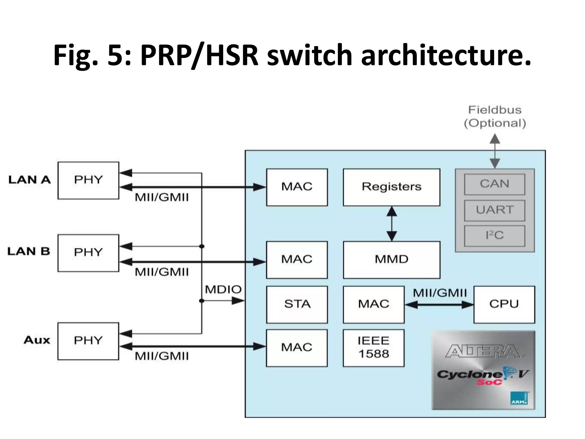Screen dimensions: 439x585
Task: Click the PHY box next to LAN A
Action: tap(88, 180)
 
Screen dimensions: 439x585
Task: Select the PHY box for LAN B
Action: tap(88, 253)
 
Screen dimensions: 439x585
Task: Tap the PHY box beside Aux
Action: tap(88, 341)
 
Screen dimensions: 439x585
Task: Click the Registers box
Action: tap(391, 187)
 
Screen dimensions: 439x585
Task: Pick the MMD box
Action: tap(391, 260)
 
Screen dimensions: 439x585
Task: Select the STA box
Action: tap(297, 304)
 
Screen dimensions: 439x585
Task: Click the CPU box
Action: tap(504, 304)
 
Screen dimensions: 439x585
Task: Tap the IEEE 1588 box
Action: tap(373, 348)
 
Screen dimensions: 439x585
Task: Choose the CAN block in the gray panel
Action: tap(494, 184)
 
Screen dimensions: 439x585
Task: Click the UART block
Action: tap(494, 210)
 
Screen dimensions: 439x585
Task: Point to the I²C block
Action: tap(494, 236)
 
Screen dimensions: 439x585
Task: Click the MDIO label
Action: tap(223, 290)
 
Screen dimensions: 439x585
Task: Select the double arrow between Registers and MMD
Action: tap(391, 224)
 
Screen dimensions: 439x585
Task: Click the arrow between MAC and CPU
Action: tap(439, 305)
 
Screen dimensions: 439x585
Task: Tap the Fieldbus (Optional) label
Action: tap(495, 117)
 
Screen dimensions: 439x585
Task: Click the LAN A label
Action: tap(29, 180)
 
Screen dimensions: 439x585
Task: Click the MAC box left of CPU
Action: tap(373, 304)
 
